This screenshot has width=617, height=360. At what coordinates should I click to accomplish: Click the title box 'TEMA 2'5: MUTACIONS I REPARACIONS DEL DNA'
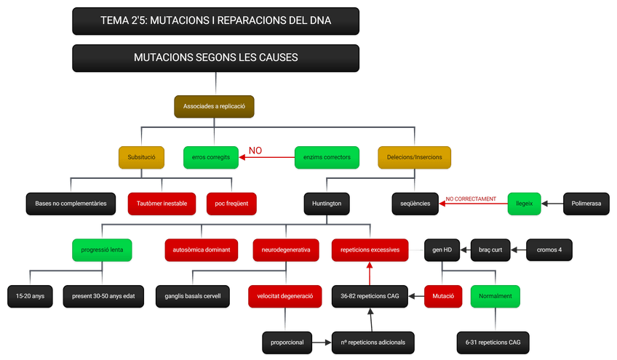pos(215,21)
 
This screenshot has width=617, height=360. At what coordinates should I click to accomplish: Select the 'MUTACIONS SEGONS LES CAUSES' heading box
pos(215,57)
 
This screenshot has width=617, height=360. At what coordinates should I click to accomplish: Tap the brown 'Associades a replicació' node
pos(214,106)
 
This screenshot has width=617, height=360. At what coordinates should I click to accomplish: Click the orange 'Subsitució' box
pos(141,157)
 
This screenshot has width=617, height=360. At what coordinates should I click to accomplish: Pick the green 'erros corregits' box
pos(211,157)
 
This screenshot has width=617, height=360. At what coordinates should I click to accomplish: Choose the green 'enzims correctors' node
pos(327,157)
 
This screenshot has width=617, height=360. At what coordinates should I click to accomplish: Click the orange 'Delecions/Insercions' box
pos(414,157)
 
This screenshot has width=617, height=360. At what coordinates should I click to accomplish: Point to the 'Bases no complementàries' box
pos(71,204)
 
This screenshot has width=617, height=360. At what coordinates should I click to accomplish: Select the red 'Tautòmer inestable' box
pos(162,204)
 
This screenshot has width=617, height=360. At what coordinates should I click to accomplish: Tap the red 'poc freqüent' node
pos(231,204)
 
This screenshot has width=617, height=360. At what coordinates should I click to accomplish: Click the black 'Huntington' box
pos(327,204)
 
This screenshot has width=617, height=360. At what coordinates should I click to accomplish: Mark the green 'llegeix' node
pos(525,204)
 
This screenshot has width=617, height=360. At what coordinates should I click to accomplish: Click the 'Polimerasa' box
pos(586,204)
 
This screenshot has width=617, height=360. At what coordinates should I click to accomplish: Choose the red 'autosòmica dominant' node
pos(201,250)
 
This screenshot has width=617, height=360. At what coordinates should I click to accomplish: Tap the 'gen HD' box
pos(442,250)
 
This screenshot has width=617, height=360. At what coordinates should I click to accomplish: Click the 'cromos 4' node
pos(549,250)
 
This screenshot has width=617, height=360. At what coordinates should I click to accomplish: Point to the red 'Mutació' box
pos(443,297)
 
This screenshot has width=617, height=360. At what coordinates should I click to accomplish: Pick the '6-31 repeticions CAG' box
pos(493,342)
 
